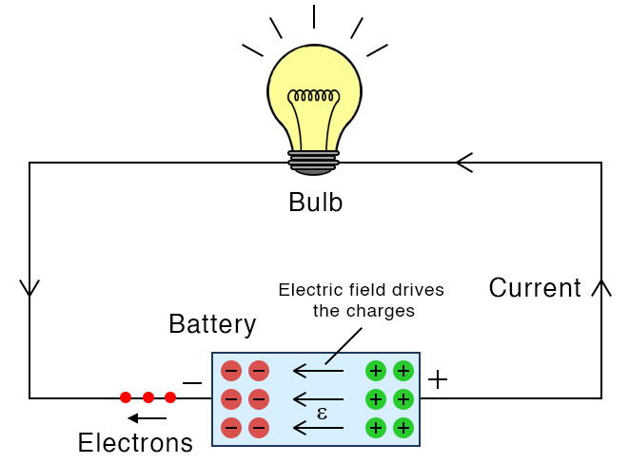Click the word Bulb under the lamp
click(x=315, y=203)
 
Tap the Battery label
click(x=212, y=324)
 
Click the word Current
click(x=534, y=288)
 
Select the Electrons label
click(x=135, y=442)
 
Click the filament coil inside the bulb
click(x=314, y=96)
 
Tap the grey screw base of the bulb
click(x=314, y=162)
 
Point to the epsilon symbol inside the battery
click(x=322, y=414)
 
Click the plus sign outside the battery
click(x=437, y=380)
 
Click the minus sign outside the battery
click(x=191, y=383)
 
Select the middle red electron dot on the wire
click(x=147, y=397)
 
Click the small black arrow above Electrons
click(x=147, y=418)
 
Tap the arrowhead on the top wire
click(x=463, y=163)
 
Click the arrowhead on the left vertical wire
click(x=29, y=287)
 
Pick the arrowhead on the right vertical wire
click(x=601, y=287)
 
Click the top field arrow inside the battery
click(x=318, y=371)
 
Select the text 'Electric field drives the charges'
click(x=361, y=299)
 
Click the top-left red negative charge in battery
click(x=230, y=371)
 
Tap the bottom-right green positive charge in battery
click(x=403, y=427)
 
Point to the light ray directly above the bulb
click(x=314, y=16)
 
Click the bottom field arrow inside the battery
click(x=318, y=428)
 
